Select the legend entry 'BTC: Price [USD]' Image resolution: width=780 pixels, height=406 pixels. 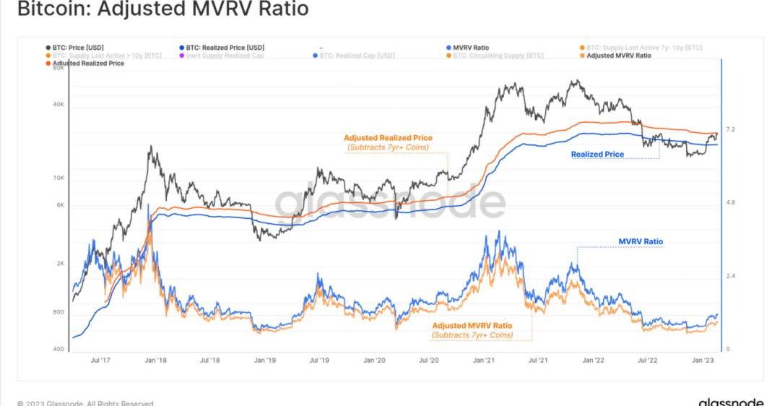click(x=78, y=48)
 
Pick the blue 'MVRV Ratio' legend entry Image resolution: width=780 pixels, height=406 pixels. click(x=470, y=48)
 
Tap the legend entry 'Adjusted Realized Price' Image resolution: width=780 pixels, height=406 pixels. click(x=87, y=64)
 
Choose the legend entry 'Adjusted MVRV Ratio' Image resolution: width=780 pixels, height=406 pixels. click(x=618, y=56)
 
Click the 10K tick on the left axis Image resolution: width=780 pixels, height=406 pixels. click(x=59, y=178)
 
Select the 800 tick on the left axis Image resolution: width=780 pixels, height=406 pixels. click(x=59, y=313)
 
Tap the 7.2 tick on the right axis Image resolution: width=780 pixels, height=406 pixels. click(x=730, y=129)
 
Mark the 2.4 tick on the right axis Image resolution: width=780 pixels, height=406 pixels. click(x=730, y=276)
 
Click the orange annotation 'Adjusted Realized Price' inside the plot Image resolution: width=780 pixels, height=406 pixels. click(x=388, y=137)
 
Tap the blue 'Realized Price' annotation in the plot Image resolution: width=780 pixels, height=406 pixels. click(x=597, y=155)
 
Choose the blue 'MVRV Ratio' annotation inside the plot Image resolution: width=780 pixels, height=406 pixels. click(x=641, y=242)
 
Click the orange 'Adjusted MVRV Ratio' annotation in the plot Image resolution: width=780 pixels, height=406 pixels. click(x=472, y=326)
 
